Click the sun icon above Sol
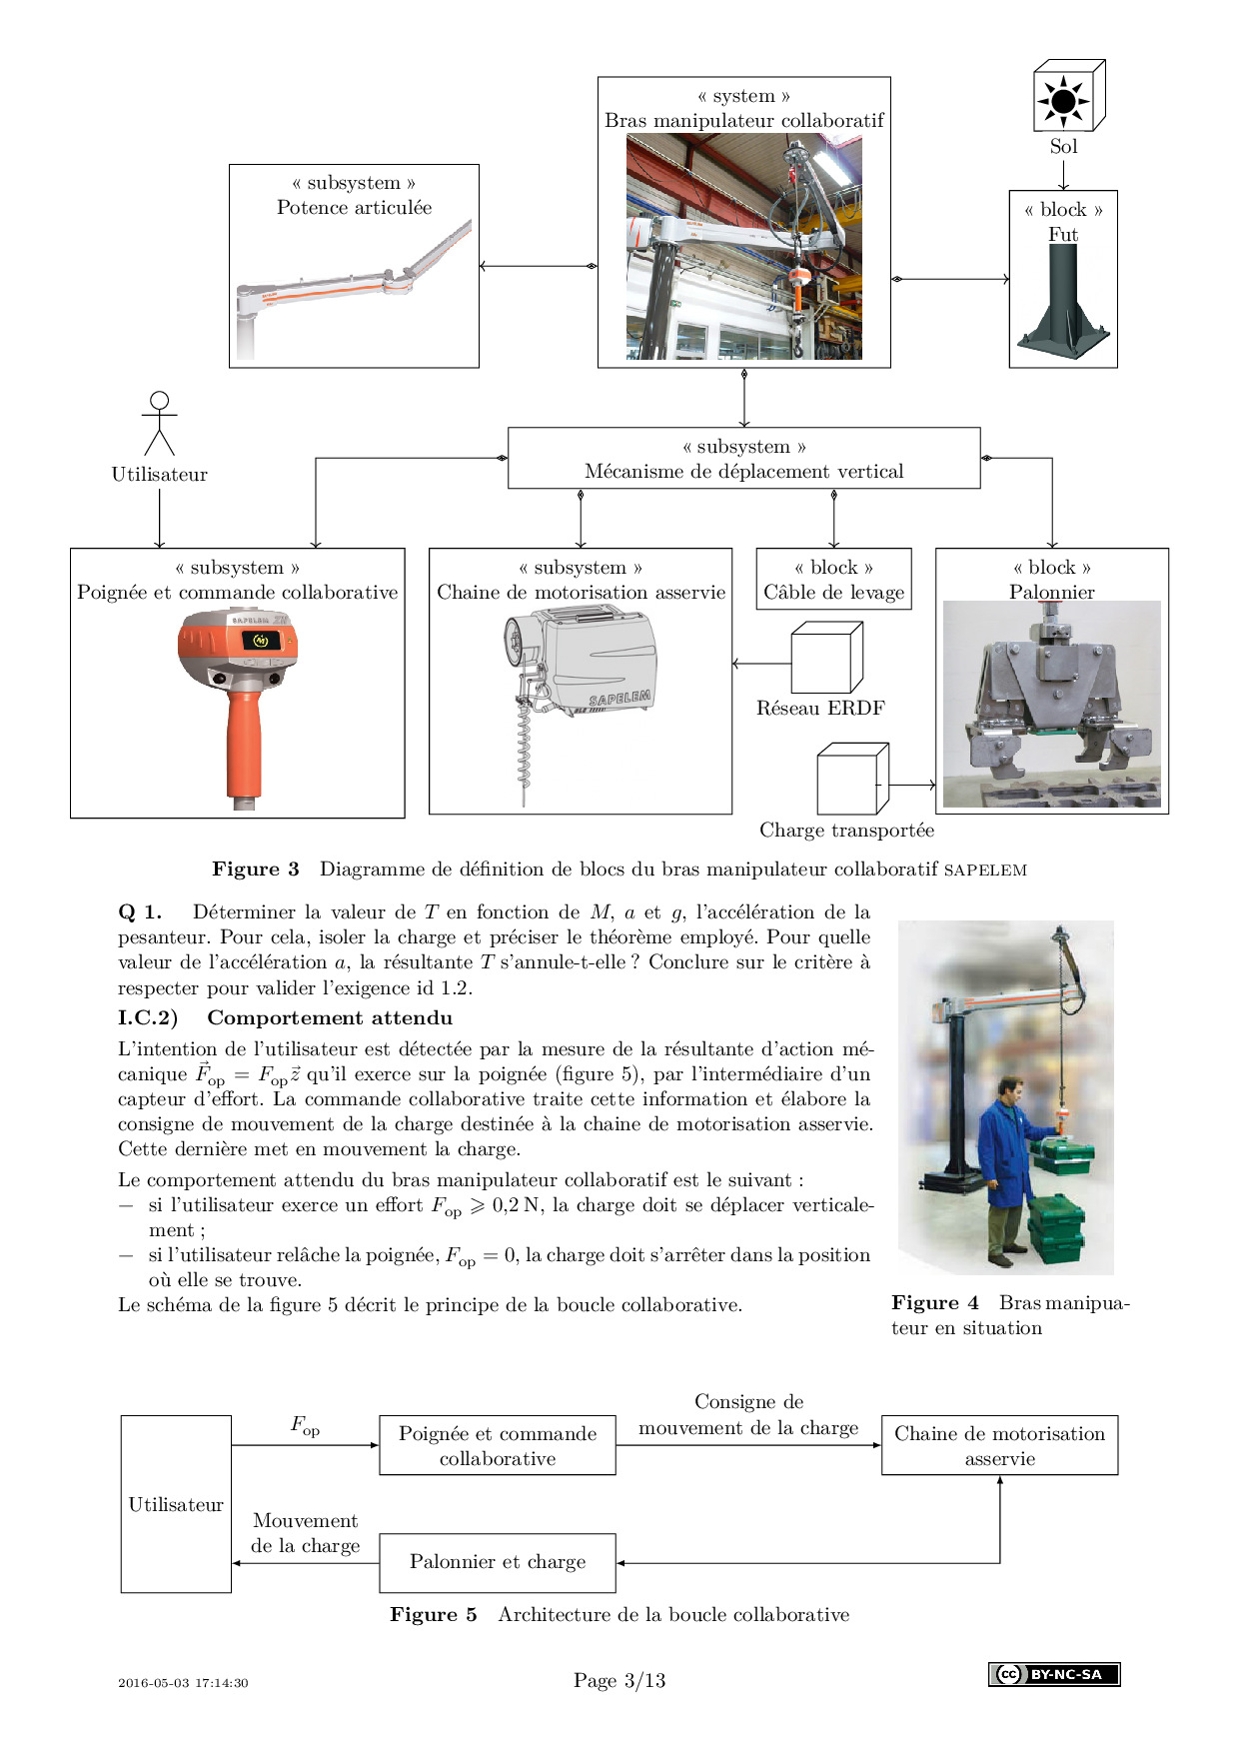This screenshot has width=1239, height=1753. coord(1063,101)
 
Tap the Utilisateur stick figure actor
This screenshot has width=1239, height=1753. coord(159,424)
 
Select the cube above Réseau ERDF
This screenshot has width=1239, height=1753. coord(826,658)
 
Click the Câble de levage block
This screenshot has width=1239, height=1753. coord(833,580)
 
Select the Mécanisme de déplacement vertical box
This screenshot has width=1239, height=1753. coord(743,459)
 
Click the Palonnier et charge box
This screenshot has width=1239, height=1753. coord(498,1562)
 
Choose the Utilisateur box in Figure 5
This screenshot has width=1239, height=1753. coord(176,1504)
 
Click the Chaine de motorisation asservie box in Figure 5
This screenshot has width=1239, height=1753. coord(999,1445)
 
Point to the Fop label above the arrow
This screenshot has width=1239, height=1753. coord(305,1425)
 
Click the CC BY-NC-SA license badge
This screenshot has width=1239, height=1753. coord(1054,1674)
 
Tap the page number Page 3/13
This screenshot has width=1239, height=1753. coord(619,1680)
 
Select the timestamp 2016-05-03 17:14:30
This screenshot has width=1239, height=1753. coord(183,1683)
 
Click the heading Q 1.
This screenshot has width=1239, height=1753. coord(140,911)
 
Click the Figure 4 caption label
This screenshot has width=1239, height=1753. coord(934,1303)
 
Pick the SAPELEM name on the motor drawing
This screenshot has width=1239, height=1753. coord(619,698)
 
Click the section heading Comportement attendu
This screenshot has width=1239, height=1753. coord(330,1018)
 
